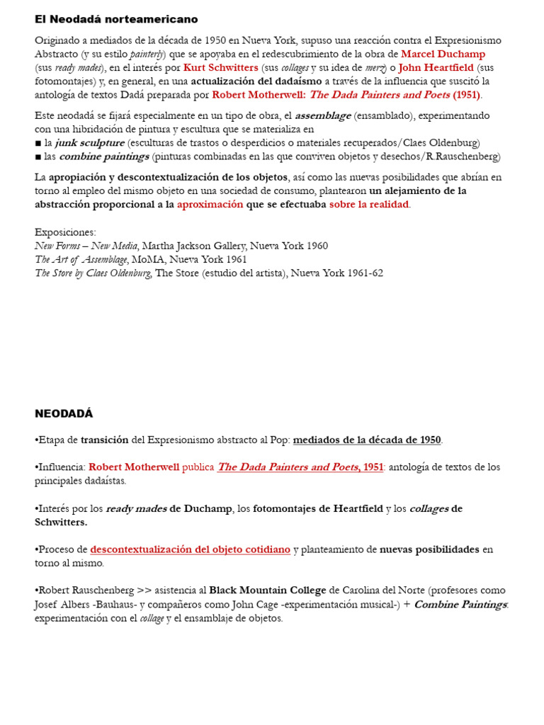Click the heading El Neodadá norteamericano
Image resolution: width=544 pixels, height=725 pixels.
point(116,19)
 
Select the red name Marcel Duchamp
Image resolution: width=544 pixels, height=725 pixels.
point(443,54)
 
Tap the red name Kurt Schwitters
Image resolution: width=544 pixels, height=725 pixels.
point(220,68)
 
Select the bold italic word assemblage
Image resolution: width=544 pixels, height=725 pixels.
point(322,115)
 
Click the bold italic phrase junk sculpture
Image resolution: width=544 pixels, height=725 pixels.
point(89,142)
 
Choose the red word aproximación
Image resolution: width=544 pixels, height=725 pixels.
point(210,205)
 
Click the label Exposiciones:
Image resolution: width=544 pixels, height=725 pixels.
point(65,232)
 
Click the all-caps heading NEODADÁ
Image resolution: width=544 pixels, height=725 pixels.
point(64,413)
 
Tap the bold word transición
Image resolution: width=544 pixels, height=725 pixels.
point(104,440)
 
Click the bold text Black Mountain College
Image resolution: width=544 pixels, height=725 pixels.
point(268,590)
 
